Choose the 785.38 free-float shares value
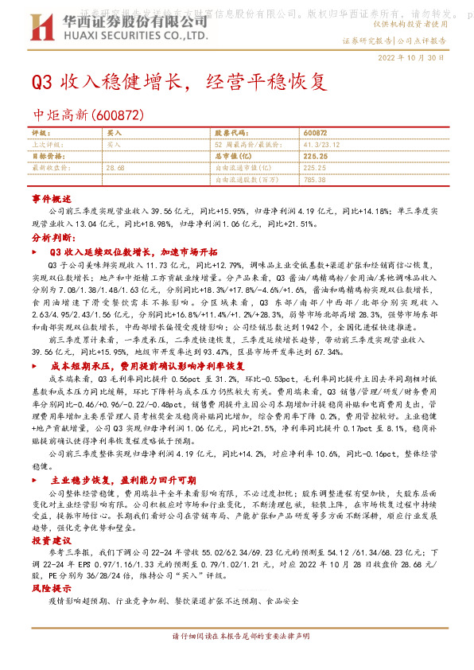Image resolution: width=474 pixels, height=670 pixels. [316, 181]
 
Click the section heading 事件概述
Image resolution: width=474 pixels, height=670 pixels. [52, 198]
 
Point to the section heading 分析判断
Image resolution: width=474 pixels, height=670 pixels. [53, 238]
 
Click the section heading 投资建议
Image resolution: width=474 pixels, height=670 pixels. [52, 540]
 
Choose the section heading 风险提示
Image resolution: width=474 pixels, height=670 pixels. [52, 588]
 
